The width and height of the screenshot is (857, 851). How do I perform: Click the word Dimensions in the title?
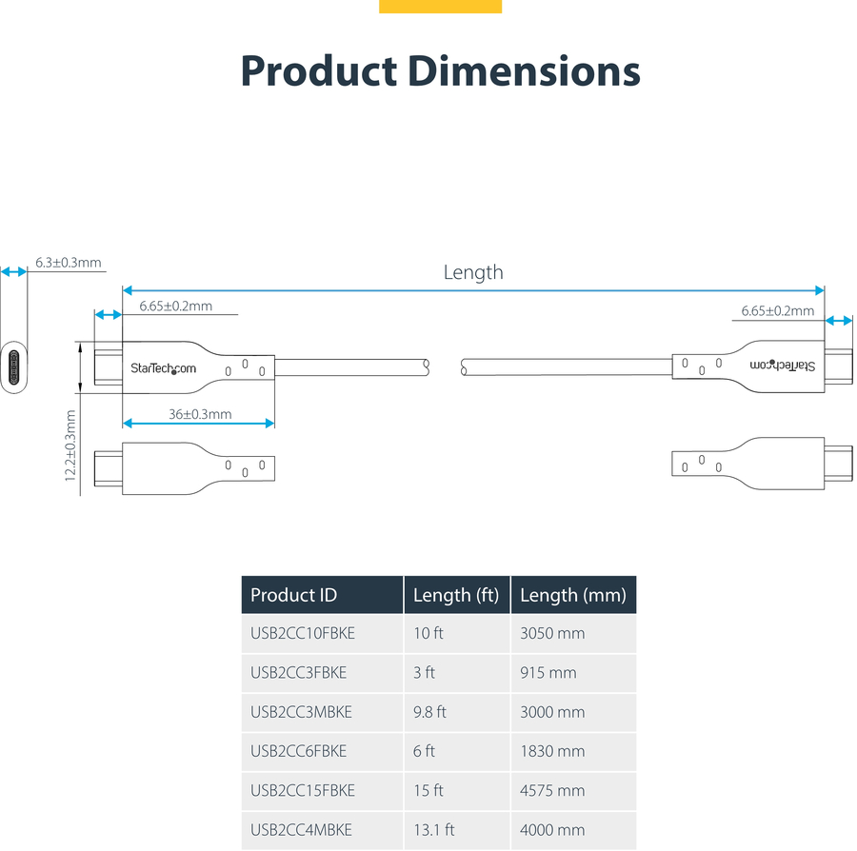524,71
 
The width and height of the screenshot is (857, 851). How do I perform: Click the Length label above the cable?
472,272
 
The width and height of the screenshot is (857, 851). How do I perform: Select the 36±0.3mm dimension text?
200,414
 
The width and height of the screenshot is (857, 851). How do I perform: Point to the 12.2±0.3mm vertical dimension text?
70,445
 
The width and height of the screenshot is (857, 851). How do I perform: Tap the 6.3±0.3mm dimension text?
69,262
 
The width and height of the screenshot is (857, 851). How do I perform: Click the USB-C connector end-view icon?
13,367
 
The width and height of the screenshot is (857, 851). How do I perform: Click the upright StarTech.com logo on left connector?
163,368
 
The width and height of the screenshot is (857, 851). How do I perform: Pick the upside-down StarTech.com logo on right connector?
782,366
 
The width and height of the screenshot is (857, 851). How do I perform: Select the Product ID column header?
293,595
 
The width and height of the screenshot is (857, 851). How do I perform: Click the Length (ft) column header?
456,595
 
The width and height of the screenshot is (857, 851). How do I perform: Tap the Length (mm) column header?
573,595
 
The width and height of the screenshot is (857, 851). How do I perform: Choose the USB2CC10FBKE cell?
303,633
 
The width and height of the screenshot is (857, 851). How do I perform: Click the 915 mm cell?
548,672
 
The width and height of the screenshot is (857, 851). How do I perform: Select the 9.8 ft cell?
429,712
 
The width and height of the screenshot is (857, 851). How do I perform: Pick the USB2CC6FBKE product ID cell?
298,751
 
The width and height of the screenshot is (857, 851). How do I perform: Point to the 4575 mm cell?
552,790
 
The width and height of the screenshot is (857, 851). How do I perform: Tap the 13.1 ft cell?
434,830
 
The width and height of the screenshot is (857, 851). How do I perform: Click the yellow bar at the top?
441,6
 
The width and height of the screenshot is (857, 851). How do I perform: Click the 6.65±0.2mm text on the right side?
778,310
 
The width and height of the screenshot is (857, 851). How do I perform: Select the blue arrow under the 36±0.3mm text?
198,424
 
